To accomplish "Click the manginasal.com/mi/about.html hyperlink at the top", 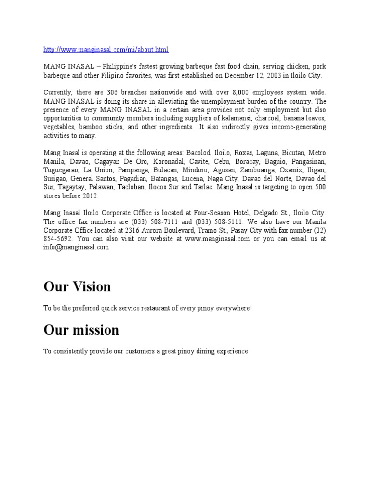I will coord(106,50).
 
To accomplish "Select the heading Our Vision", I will coord(77,287).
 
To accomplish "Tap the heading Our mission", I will coord(81,330).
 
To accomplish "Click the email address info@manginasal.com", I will coord(76,247).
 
